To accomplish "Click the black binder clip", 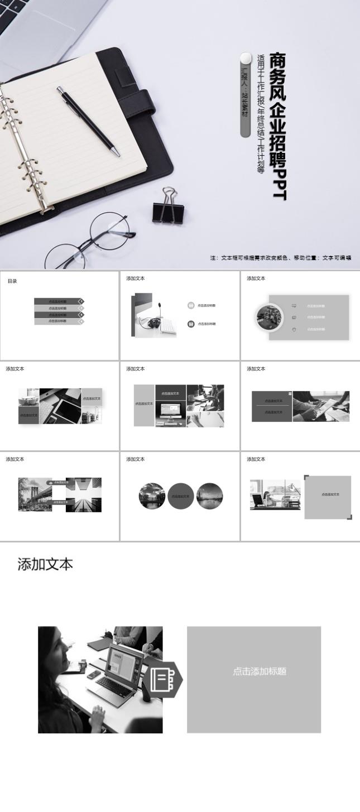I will [168, 209].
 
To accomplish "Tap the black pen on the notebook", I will [88, 120].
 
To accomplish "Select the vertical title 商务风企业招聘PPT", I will [277, 126].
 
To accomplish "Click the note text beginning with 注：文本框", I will [280, 258].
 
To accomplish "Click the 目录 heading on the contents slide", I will [12, 281].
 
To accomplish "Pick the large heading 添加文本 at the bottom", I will [45, 564].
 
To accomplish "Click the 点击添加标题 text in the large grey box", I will [259, 671].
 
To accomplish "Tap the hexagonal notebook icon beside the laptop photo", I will [163, 679].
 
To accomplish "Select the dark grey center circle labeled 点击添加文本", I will [180, 496].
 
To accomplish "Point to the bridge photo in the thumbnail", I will [35, 494].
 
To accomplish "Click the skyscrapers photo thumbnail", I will [84, 494].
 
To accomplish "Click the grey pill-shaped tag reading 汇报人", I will [244, 95].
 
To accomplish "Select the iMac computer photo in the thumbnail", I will [171, 412].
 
